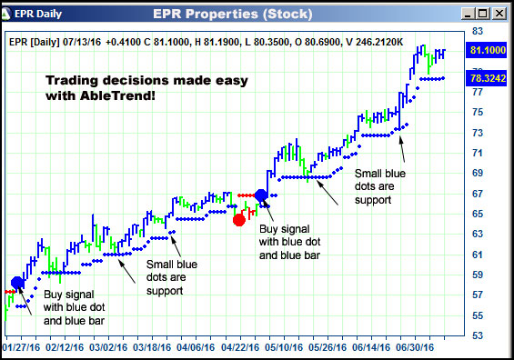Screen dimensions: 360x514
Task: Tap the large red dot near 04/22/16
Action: click(239, 219)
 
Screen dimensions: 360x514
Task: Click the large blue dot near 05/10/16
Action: click(262, 195)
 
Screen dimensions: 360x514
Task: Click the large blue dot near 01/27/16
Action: click(17, 283)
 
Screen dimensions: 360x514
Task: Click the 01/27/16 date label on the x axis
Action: click(23, 346)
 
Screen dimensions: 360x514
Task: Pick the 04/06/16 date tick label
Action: click(197, 346)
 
